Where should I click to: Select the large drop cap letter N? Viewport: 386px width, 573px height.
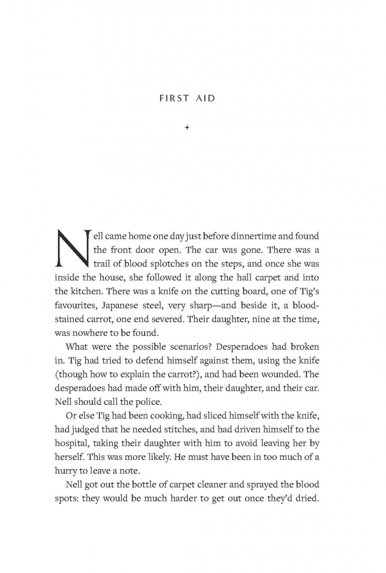point(72,248)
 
